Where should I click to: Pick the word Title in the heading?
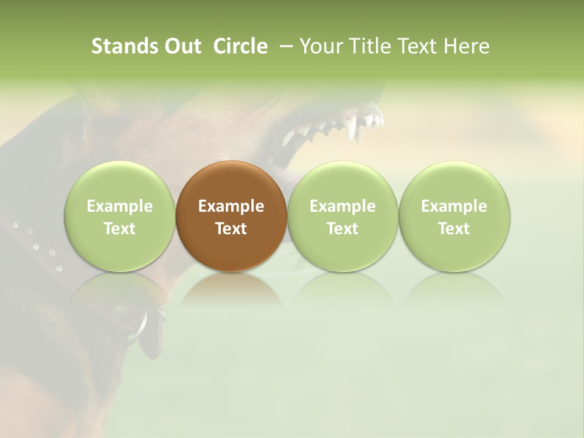pyautogui.click(x=370, y=46)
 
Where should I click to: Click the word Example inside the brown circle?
pyautogui.click(x=231, y=206)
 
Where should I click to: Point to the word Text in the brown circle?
pyautogui.click(x=231, y=229)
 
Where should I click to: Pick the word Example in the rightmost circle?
pyautogui.click(x=454, y=206)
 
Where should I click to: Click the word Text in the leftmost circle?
pyautogui.click(x=119, y=229)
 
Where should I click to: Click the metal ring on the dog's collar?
pyautogui.click(x=139, y=325)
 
